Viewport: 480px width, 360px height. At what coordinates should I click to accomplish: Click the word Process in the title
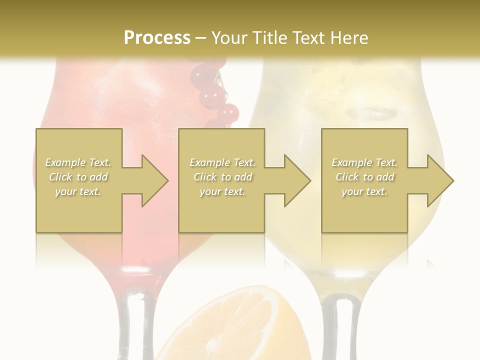(x=157, y=38)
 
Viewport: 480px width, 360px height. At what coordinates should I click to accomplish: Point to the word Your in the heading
(x=229, y=38)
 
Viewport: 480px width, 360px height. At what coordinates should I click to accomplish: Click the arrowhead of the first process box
(x=152, y=180)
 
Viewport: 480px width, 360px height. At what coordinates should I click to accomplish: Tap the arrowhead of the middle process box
(x=295, y=180)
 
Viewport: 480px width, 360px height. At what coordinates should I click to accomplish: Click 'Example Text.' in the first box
(x=78, y=162)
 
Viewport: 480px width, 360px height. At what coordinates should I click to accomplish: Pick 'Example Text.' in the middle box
(x=222, y=162)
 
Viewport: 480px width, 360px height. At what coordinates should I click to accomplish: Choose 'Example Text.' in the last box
(x=364, y=162)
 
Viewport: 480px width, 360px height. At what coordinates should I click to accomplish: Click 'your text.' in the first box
(x=78, y=191)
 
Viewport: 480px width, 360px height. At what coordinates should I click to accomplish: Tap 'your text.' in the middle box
(x=222, y=191)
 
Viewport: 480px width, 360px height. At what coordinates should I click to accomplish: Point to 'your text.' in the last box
(x=364, y=191)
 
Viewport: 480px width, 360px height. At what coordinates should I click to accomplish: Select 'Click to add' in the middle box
(x=222, y=177)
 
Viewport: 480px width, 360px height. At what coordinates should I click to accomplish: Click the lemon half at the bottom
(x=230, y=325)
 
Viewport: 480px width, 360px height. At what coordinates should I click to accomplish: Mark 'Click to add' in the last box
(x=364, y=177)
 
